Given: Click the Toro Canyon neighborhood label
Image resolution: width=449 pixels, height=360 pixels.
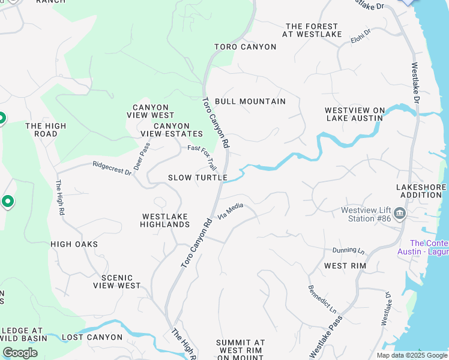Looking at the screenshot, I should coord(246,47).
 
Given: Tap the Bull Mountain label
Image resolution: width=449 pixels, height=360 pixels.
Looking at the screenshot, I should coord(250,101).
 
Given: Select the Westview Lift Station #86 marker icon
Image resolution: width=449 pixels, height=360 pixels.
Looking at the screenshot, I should coord(400,214).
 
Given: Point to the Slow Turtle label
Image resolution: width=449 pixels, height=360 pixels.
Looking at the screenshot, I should coord(197,178).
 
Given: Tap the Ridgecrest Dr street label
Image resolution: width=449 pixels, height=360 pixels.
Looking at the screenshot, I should coord(112,168).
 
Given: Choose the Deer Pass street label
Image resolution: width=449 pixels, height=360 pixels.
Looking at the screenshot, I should coord(142,156).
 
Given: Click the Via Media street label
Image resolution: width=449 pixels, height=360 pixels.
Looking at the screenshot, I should coord(230,211).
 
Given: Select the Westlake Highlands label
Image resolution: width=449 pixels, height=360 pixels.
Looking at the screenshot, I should coord(165,220).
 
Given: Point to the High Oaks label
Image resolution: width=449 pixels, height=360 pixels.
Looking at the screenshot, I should coord(74,244).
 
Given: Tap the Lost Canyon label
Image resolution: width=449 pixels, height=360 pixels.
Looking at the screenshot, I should coord(92,337).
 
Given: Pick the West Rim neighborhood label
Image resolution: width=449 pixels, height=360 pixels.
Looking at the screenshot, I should coord(345,265).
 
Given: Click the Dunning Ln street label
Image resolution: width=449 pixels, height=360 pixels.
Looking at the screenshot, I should coord(349,250).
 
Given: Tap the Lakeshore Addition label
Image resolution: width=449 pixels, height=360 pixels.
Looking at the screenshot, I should coord(421,191).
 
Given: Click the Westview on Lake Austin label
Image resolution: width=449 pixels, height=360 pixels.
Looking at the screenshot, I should coord(354,114).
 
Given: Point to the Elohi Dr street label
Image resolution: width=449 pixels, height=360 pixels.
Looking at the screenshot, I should coord(361,36).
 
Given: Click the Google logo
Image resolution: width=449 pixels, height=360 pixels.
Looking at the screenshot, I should coord(20,353).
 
